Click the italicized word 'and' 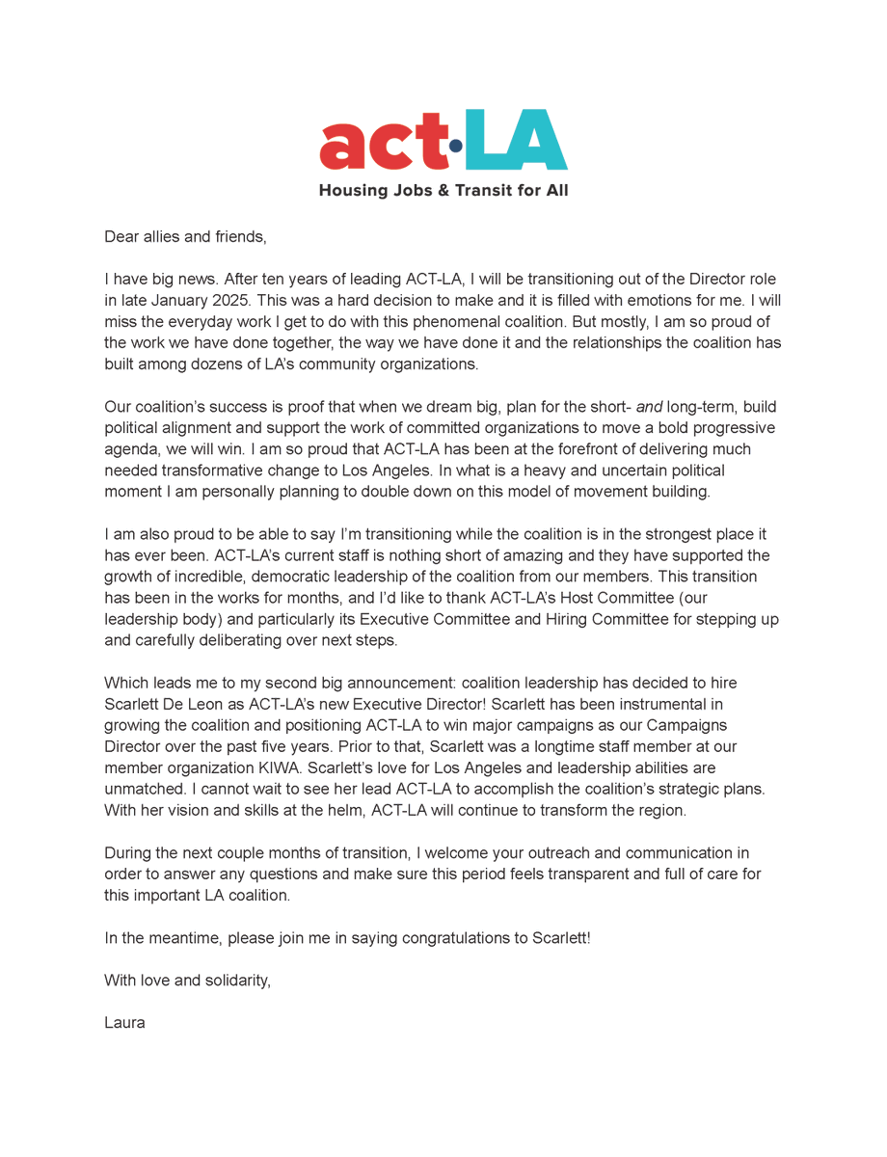[649, 407]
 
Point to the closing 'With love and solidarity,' [188, 981]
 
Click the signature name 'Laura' [124, 1023]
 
